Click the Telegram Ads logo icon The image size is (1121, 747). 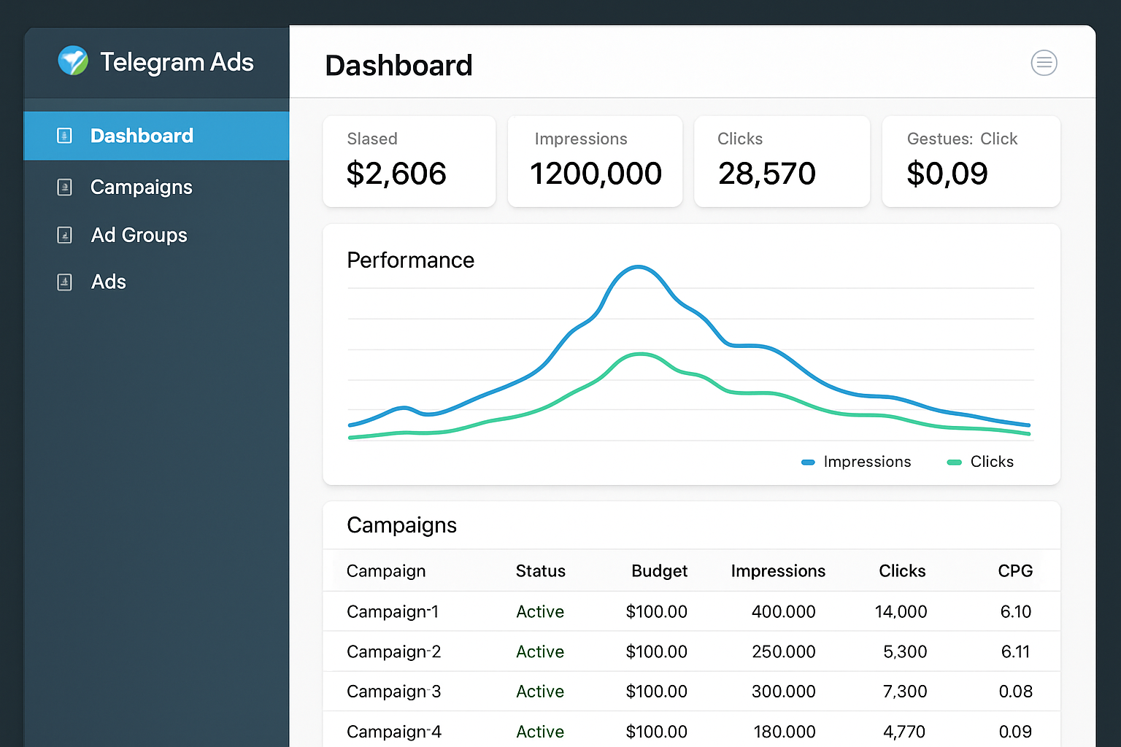[x=73, y=61]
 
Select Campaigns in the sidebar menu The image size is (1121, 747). [x=141, y=187]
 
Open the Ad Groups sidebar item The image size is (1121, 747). [x=139, y=235]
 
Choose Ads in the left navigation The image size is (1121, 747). [x=108, y=282]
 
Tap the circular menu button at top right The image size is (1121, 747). [x=1044, y=63]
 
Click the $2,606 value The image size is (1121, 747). [x=396, y=174]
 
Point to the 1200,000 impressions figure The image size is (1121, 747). [x=596, y=174]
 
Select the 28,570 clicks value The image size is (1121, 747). [x=766, y=174]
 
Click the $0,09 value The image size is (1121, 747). [x=947, y=174]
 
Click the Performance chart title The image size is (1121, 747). [x=410, y=260]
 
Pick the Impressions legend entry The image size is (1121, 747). [x=866, y=462]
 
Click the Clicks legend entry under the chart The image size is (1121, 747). [x=991, y=462]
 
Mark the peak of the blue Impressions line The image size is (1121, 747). [x=639, y=267]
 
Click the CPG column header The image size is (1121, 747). [x=1015, y=571]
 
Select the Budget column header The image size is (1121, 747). [x=659, y=571]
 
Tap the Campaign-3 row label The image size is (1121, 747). [x=393, y=692]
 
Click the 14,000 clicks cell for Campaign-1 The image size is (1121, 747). [x=901, y=612]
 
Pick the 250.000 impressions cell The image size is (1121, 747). [x=783, y=651]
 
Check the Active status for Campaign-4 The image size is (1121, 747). [x=540, y=732]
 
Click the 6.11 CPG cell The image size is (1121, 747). [x=1015, y=651]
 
